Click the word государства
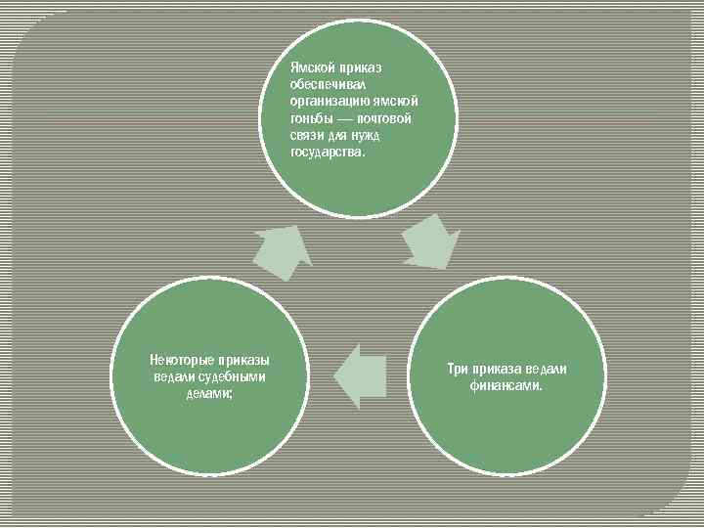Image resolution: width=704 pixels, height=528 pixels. (327, 152)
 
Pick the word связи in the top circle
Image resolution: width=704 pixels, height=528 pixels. (307, 135)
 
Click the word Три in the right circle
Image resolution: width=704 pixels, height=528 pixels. (458, 369)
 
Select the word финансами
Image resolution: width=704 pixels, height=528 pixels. (506, 385)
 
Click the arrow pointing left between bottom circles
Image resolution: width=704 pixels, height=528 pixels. (358, 374)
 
